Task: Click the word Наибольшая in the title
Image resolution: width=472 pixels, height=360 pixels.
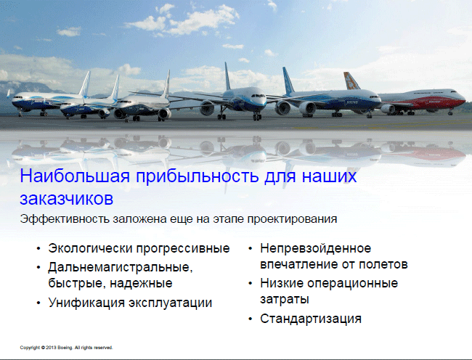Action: pyautogui.click(x=75, y=176)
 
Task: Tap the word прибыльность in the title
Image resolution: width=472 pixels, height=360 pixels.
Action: pyautogui.click(x=198, y=177)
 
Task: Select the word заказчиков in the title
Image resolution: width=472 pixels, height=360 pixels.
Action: pyautogui.click(x=67, y=198)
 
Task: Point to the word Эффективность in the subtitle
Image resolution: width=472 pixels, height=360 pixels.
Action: pyautogui.click(x=65, y=219)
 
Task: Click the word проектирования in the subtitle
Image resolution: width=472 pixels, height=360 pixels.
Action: pyautogui.click(x=292, y=219)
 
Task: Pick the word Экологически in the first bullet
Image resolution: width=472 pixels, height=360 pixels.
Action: pyautogui.click(x=90, y=249)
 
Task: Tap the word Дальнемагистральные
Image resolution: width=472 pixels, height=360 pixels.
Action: pyautogui.click(x=121, y=268)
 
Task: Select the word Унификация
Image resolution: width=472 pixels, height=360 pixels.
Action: pyautogui.click(x=86, y=303)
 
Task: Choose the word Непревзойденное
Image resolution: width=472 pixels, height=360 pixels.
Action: pyautogui.click(x=315, y=249)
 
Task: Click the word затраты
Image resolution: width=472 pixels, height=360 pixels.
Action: pyautogui.click(x=285, y=300)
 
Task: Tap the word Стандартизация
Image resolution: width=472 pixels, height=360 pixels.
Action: pyautogui.click(x=311, y=319)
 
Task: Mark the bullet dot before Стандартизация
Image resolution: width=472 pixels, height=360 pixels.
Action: pyautogui.click(x=251, y=319)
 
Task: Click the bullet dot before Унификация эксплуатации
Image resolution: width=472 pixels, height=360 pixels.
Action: pyautogui.click(x=38, y=303)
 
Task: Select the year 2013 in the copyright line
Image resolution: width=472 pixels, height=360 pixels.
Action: pyautogui.click(x=51, y=348)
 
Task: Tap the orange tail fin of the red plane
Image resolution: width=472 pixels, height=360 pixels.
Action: pyautogui.click(x=351, y=81)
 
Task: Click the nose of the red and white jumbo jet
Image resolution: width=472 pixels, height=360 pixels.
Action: pyautogui.click(x=463, y=100)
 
